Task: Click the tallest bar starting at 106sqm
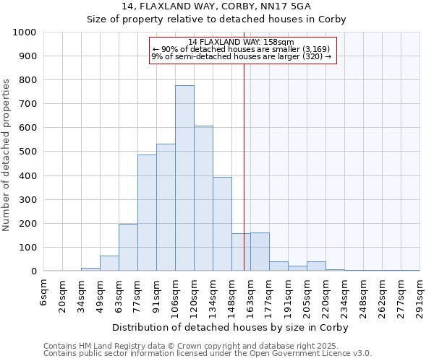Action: (x=184, y=178)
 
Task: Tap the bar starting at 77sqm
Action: (x=147, y=213)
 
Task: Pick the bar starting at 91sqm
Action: (x=166, y=207)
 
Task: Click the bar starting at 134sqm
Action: (x=222, y=224)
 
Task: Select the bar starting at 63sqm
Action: (x=128, y=248)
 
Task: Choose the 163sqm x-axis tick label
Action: (x=251, y=294)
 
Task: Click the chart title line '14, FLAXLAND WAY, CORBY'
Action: (x=217, y=6)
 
